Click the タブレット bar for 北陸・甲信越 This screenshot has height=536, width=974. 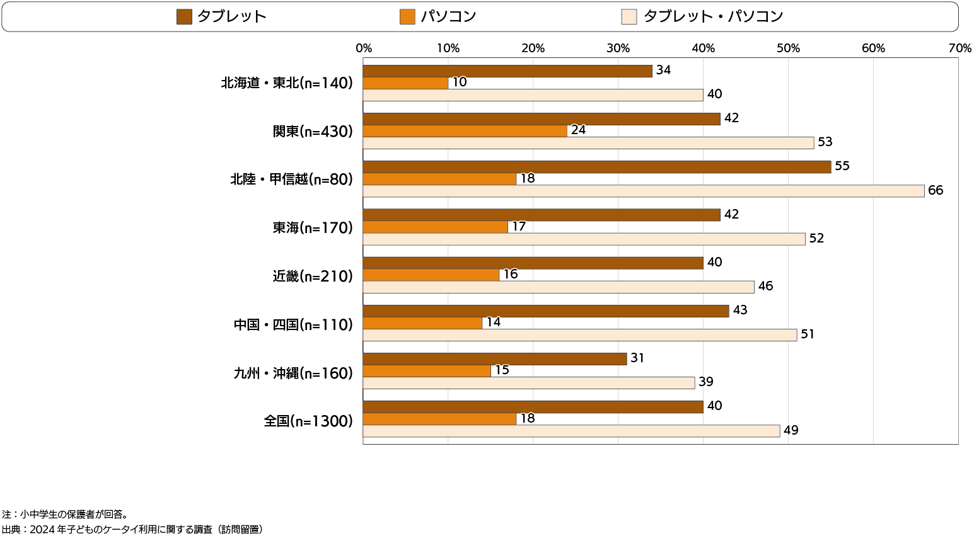pyautogui.click(x=596, y=167)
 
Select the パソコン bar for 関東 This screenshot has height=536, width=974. pyautogui.click(x=465, y=131)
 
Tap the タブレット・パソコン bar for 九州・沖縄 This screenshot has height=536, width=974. pyautogui.click(x=529, y=383)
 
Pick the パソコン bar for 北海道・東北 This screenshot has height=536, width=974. pyautogui.click(x=405, y=83)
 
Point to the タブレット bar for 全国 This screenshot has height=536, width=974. pyautogui.click(x=533, y=407)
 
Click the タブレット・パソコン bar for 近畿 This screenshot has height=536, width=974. pyautogui.click(x=559, y=287)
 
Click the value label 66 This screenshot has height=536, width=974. pyautogui.click(x=936, y=191)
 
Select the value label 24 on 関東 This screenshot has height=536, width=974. pyautogui.click(x=578, y=130)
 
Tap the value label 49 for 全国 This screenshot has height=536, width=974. pyautogui.click(x=791, y=431)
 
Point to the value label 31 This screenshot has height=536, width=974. pyautogui.click(x=637, y=358)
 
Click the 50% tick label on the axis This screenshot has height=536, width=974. pyautogui.click(x=788, y=48)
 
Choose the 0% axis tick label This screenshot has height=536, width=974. pyautogui.click(x=364, y=48)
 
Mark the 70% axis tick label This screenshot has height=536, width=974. pyautogui.click(x=960, y=48)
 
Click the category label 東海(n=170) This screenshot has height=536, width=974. pyautogui.click(x=313, y=228)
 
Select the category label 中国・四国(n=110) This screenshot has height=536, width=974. pyautogui.click(x=293, y=325)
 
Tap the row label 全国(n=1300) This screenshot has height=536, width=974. pyautogui.click(x=308, y=421)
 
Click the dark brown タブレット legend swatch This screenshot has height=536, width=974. pyautogui.click(x=184, y=17)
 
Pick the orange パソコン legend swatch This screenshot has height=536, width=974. pyautogui.click(x=407, y=17)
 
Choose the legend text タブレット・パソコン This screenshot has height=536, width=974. pyautogui.click(x=713, y=17)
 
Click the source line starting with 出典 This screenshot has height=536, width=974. pyautogui.click(x=132, y=530)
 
